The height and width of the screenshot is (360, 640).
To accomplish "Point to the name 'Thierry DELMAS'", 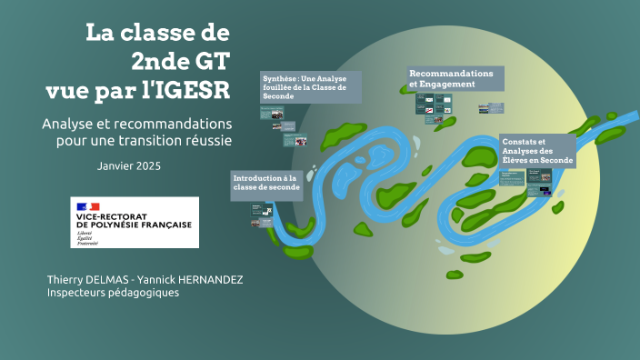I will pyautogui.click(x=87, y=278).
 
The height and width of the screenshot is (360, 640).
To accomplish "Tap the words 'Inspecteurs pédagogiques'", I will pyautogui.click(x=113, y=293).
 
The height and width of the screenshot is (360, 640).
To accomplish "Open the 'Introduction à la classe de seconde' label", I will pyautogui.click(x=266, y=182).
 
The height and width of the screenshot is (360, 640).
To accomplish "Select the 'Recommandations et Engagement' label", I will pyautogui.click(x=452, y=77).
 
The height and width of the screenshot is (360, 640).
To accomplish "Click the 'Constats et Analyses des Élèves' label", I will pyautogui.click(x=536, y=151).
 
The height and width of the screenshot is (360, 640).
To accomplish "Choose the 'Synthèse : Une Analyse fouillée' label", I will pyautogui.click(x=310, y=86).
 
